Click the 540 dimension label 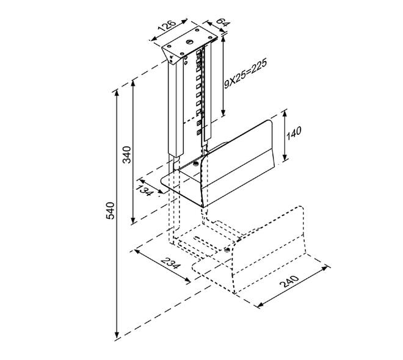[x=111, y=211]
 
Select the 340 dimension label [x=127, y=154]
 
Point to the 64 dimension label [x=222, y=23]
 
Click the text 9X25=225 [x=245, y=73]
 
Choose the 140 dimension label [x=294, y=133]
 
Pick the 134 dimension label [x=143, y=190]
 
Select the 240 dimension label [x=289, y=281]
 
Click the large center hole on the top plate [x=190, y=41]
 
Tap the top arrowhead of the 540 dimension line [x=117, y=93]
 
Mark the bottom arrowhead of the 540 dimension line [x=117, y=335]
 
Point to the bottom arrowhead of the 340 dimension [x=133, y=220]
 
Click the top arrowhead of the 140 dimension [x=285, y=113]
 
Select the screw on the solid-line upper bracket [x=195, y=164]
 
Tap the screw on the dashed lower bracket [x=227, y=250]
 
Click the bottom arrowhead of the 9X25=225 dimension [x=223, y=113]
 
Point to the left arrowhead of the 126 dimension [x=154, y=39]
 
